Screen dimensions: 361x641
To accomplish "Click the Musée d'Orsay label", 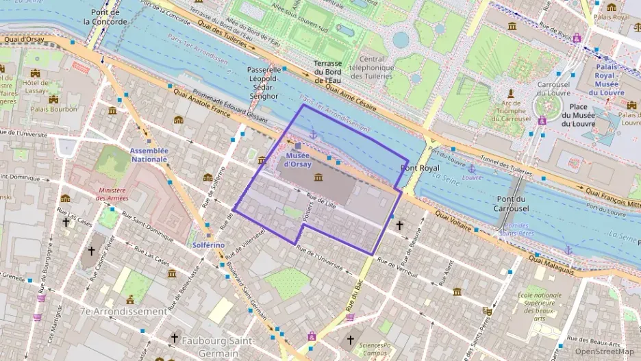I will (297, 160).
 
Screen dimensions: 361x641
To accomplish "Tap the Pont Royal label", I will (420, 168).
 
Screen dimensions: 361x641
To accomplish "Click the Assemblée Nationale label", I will (149, 154).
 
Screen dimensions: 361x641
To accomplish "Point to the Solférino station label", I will (208, 245).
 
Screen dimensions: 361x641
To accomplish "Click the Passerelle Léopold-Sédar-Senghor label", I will (263, 83).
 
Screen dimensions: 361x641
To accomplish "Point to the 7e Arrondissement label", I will (123, 311).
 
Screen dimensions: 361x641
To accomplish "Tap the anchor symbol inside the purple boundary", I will (313, 134).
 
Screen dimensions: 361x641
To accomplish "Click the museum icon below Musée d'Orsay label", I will (318, 178).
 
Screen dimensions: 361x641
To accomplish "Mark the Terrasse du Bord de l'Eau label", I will (328, 71).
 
